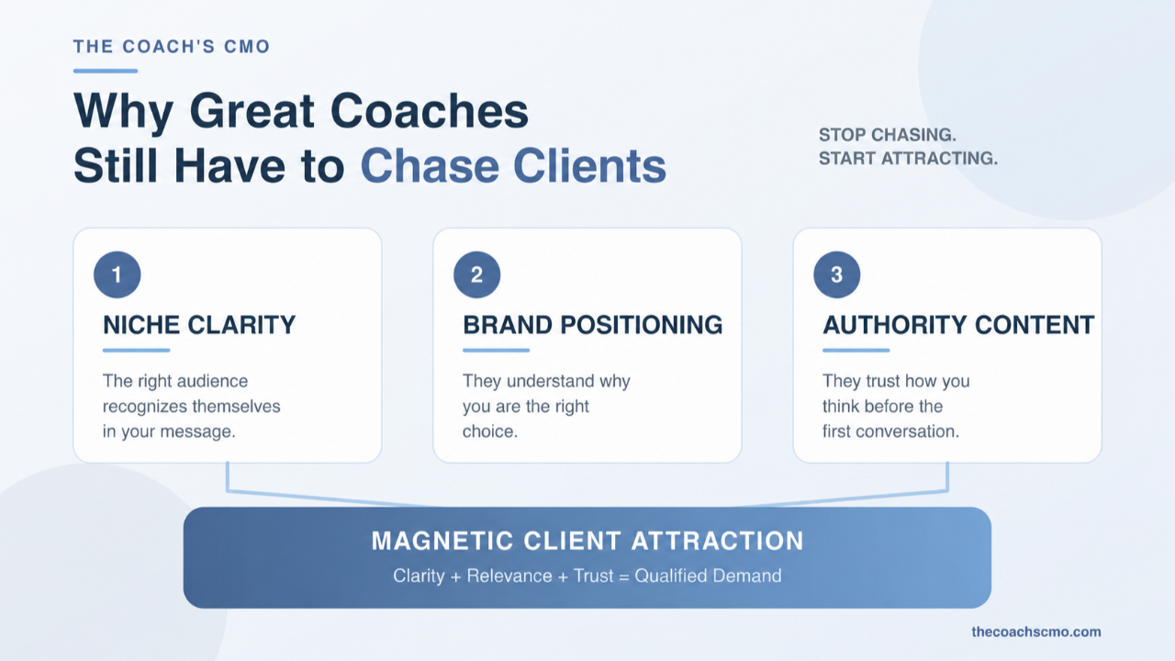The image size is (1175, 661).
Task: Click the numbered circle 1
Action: click(x=117, y=274)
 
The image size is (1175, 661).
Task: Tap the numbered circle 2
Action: click(x=476, y=274)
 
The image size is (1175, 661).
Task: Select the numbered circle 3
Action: click(x=836, y=274)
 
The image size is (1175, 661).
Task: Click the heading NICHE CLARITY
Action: click(x=199, y=325)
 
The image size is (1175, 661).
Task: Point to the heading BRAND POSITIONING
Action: click(x=593, y=325)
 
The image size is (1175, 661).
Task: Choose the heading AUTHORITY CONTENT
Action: click(x=958, y=325)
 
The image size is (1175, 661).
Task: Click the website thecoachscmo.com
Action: click(x=1036, y=632)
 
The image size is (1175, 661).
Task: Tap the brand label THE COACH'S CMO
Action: click(x=172, y=47)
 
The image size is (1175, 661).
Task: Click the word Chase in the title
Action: click(x=430, y=166)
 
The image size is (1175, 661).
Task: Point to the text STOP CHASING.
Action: click(x=888, y=135)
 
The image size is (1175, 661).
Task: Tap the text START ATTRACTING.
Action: click(x=909, y=158)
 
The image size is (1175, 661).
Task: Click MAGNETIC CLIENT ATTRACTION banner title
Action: click(x=587, y=541)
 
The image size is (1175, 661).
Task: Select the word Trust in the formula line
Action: click(x=593, y=576)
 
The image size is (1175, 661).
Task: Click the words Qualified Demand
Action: click(x=708, y=576)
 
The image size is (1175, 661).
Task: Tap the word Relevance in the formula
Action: click(x=509, y=576)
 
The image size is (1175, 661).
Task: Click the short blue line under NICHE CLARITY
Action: click(x=137, y=350)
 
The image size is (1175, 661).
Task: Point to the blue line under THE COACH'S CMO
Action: click(x=106, y=71)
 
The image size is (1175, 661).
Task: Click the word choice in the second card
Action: click(x=490, y=431)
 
